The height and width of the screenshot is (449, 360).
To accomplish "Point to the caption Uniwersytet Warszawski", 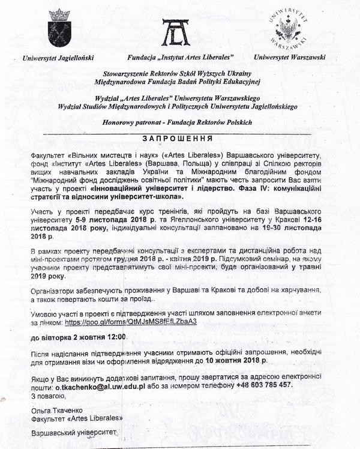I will tap(290, 58).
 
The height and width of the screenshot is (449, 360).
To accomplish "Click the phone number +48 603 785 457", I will tap(265, 387).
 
